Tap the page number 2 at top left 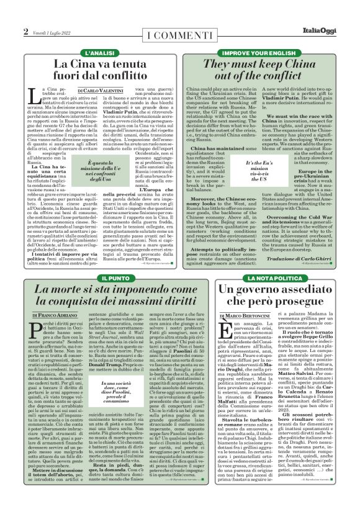26,32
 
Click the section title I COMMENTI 179,32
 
